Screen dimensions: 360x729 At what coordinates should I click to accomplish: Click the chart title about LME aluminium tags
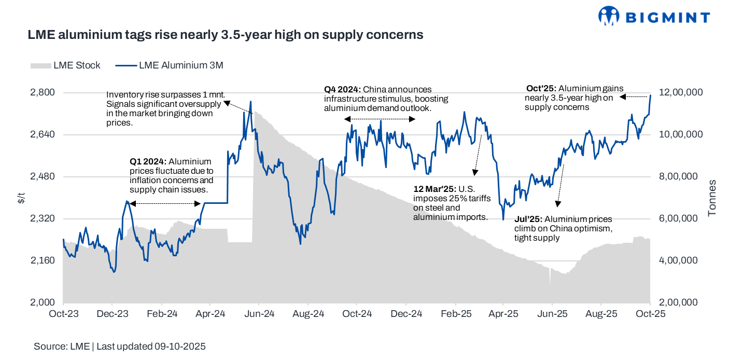point(226,35)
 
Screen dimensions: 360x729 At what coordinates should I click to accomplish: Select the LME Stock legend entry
point(66,65)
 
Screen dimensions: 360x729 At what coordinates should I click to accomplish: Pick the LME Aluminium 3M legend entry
point(169,65)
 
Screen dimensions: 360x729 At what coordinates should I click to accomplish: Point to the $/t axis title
point(21,198)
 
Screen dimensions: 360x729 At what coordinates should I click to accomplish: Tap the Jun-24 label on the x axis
point(259,314)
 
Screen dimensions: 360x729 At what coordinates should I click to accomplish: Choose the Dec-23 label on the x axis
point(113,314)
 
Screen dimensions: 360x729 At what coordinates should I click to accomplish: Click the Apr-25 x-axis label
point(503,314)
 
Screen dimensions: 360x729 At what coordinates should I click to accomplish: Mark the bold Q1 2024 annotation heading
point(148,161)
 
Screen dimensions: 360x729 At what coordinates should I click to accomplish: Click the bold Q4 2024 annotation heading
point(343,90)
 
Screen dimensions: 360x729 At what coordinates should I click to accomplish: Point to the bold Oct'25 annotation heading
point(540,89)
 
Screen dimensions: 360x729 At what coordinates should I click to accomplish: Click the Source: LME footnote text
point(120,347)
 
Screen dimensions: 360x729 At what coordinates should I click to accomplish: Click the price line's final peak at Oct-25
point(650,95)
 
